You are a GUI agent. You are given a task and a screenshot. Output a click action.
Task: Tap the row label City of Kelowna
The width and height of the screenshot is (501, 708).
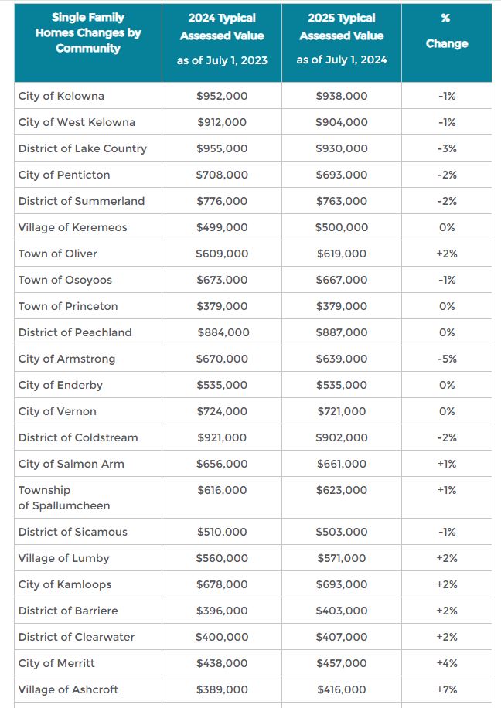[x=61, y=96]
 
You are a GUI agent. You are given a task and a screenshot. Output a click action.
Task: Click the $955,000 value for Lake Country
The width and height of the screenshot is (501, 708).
[x=222, y=148]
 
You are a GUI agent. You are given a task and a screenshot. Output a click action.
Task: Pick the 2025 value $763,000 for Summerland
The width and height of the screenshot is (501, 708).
[x=342, y=201]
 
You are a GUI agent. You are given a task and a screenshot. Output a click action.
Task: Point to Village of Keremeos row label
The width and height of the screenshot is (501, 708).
[x=73, y=227]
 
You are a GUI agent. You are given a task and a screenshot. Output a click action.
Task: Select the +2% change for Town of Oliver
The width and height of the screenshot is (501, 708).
[x=446, y=254]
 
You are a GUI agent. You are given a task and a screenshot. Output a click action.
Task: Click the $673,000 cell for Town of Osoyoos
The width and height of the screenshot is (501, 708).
[x=222, y=280]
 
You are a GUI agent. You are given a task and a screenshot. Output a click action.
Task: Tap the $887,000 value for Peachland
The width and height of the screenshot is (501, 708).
[x=342, y=332]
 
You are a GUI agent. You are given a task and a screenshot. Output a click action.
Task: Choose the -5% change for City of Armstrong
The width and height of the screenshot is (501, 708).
[x=446, y=359]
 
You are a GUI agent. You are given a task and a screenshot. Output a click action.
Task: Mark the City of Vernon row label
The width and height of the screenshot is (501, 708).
[x=57, y=411]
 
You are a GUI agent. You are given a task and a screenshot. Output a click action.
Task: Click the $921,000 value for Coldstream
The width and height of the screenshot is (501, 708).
[x=222, y=437]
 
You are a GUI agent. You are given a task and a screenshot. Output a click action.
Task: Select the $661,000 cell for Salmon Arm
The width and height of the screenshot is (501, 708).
[x=342, y=464]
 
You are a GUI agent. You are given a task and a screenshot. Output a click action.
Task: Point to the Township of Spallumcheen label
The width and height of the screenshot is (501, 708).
[x=64, y=498]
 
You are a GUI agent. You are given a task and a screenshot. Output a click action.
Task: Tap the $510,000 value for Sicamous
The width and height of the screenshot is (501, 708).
[x=222, y=532]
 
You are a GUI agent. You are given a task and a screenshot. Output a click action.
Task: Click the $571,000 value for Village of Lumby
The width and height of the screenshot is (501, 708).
[x=342, y=558]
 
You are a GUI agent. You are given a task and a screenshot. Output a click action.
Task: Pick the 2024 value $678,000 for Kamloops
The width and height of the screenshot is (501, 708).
[x=222, y=584]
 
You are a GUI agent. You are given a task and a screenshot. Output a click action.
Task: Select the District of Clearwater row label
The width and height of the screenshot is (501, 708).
[x=77, y=637]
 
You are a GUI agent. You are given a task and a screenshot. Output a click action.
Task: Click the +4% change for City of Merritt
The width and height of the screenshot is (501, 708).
[x=446, y=663]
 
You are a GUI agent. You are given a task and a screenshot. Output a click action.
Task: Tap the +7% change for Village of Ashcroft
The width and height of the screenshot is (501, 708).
[x=446, y=689]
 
